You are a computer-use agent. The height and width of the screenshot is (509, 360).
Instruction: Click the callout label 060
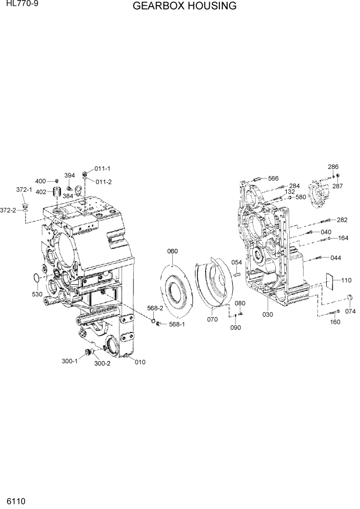click(x=172, y=251)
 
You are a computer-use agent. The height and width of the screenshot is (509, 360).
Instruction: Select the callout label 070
click(x=212, y=319)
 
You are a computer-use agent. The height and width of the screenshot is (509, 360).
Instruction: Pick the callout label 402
click(x=42, y=192)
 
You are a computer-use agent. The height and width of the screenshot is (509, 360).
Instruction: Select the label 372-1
click(x=24, y=189)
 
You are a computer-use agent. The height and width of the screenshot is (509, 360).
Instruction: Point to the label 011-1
click(x=103, y=169)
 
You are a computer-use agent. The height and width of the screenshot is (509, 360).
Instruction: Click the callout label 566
click(x=273, y=178)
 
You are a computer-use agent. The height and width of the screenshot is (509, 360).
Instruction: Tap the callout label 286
click(x=333, y=167)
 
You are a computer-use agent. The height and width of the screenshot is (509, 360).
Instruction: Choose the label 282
click(x=342, y=220)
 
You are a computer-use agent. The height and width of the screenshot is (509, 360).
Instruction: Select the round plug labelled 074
click(x=350, y=299)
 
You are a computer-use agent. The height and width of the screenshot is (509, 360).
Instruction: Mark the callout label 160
click(x=334, y=322)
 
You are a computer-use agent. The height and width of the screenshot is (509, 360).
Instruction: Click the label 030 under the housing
click(x=267, y=314)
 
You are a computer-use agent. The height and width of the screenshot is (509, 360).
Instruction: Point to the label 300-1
click(x=69, y=361)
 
